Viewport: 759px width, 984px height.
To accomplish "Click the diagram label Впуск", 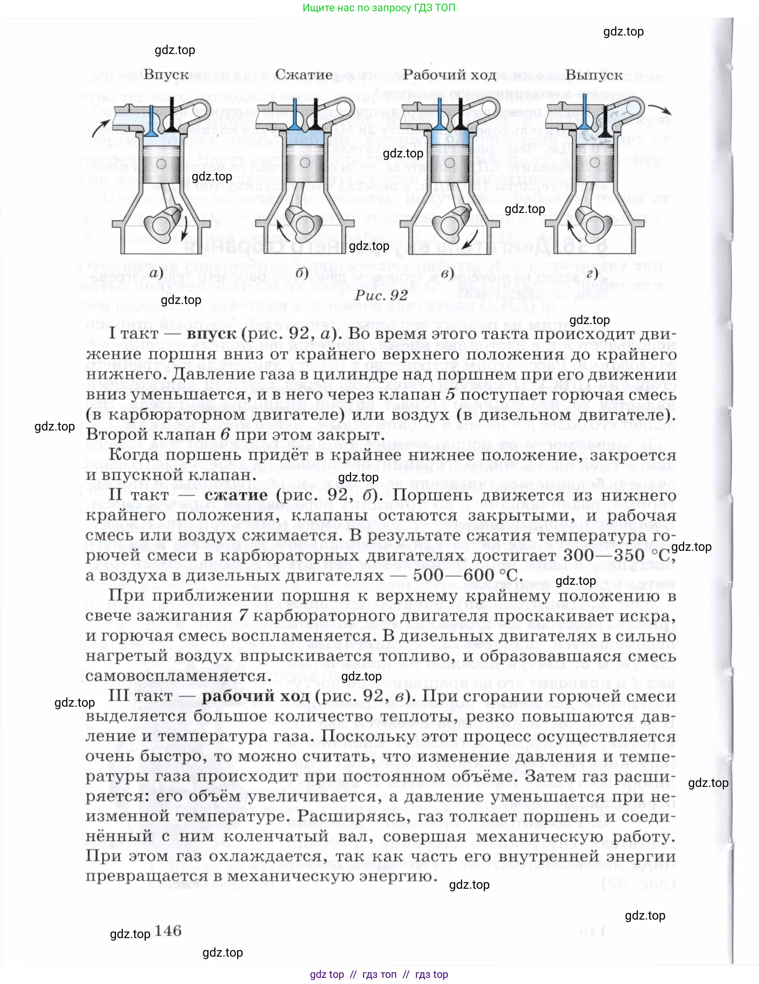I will click(166, 75).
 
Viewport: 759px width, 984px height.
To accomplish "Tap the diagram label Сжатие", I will click(304, 75).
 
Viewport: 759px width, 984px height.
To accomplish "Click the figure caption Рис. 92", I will click(381, 295).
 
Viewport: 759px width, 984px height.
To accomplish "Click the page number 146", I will click(168, 930).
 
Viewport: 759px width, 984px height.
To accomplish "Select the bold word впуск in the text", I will click(211, 334).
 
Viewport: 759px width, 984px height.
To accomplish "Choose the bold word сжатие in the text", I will click(236, 495).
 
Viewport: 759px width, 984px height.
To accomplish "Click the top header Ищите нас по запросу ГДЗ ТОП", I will click(379, 8).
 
